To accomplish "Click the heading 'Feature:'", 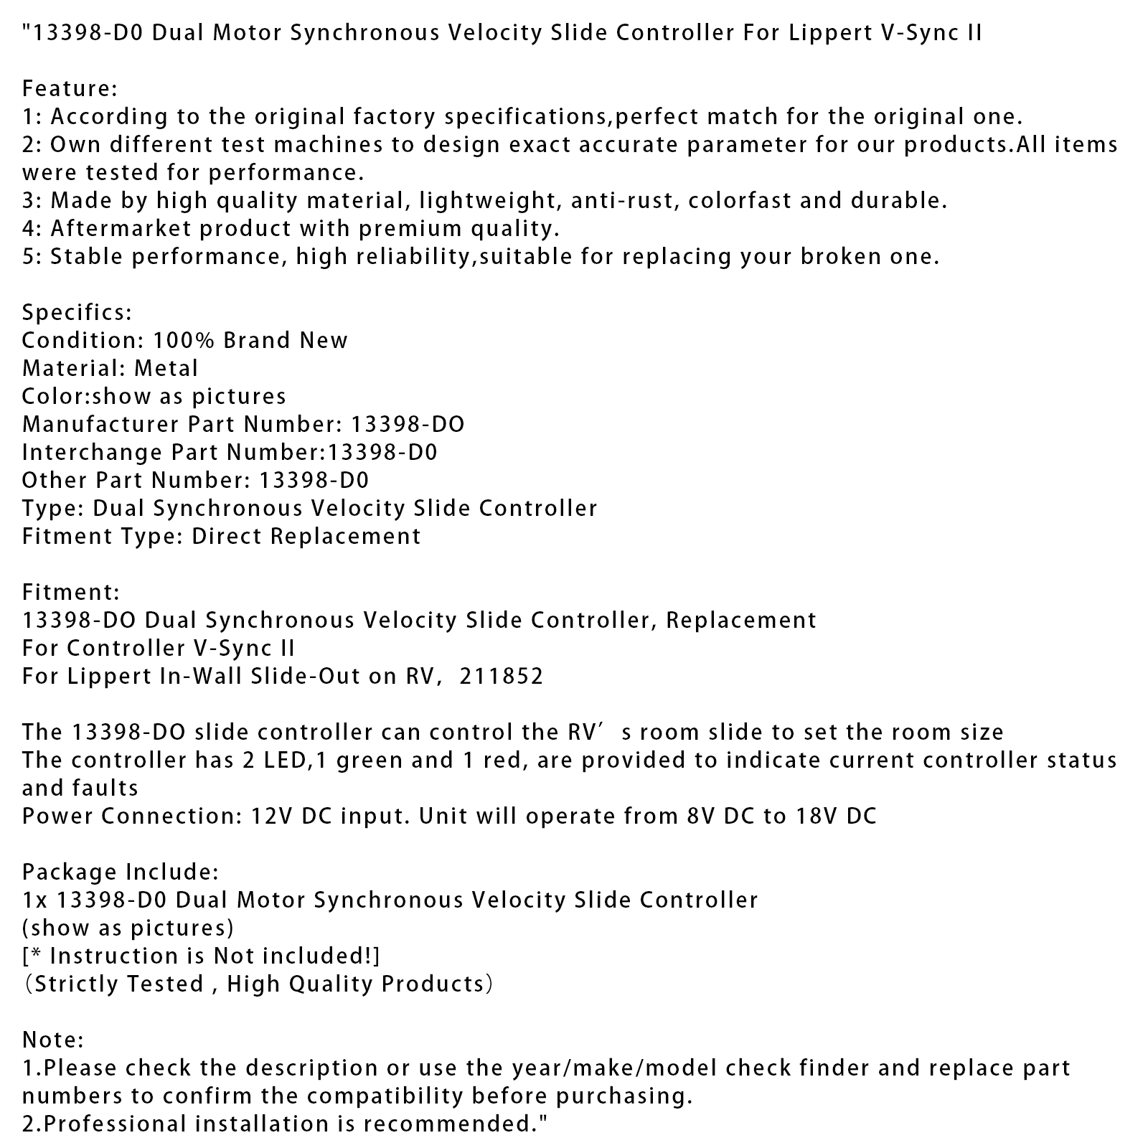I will click(70, 89).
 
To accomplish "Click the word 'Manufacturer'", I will click(100, 425).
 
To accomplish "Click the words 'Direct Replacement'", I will click(306, 537).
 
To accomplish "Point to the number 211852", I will click(502, 677).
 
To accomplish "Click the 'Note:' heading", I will click(53, 1040).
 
